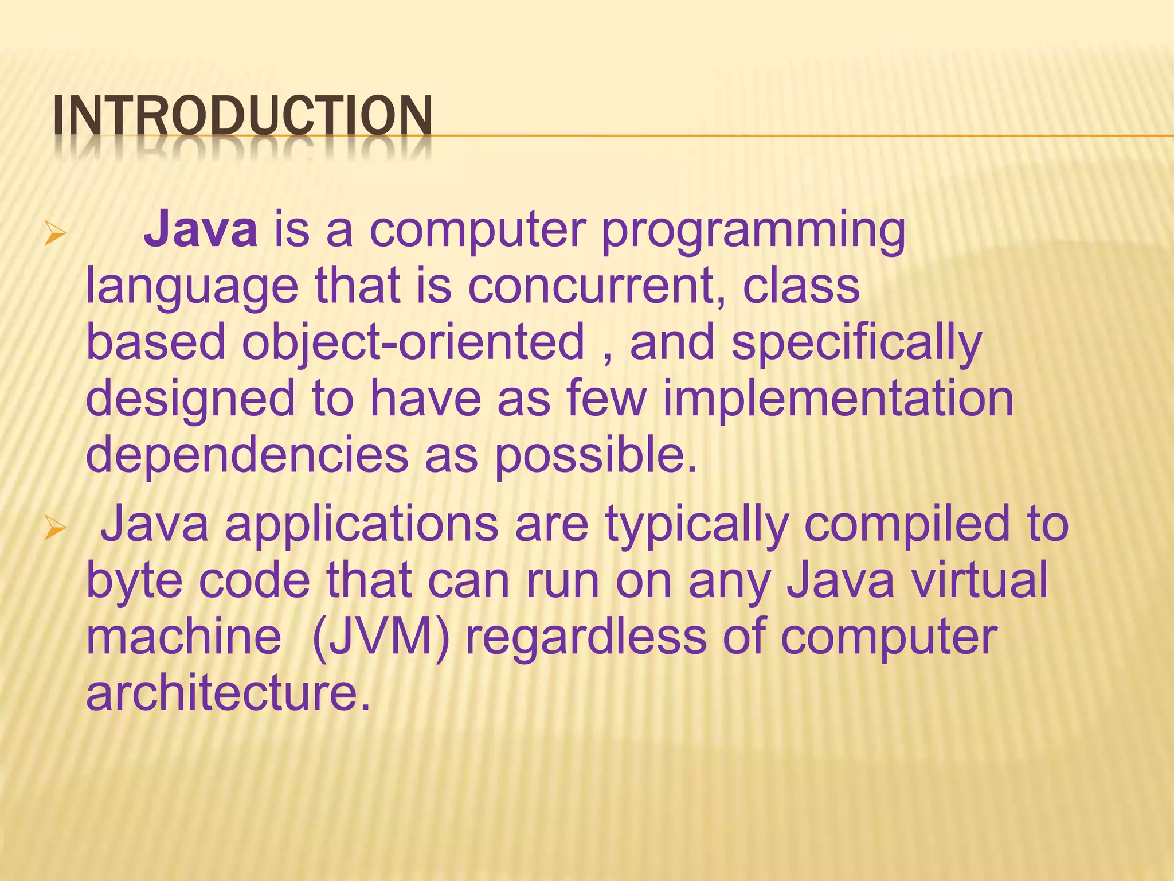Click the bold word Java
click(x=201, y=230)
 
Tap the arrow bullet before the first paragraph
click(x=56, y=235)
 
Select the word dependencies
click(x=246, y=455)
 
